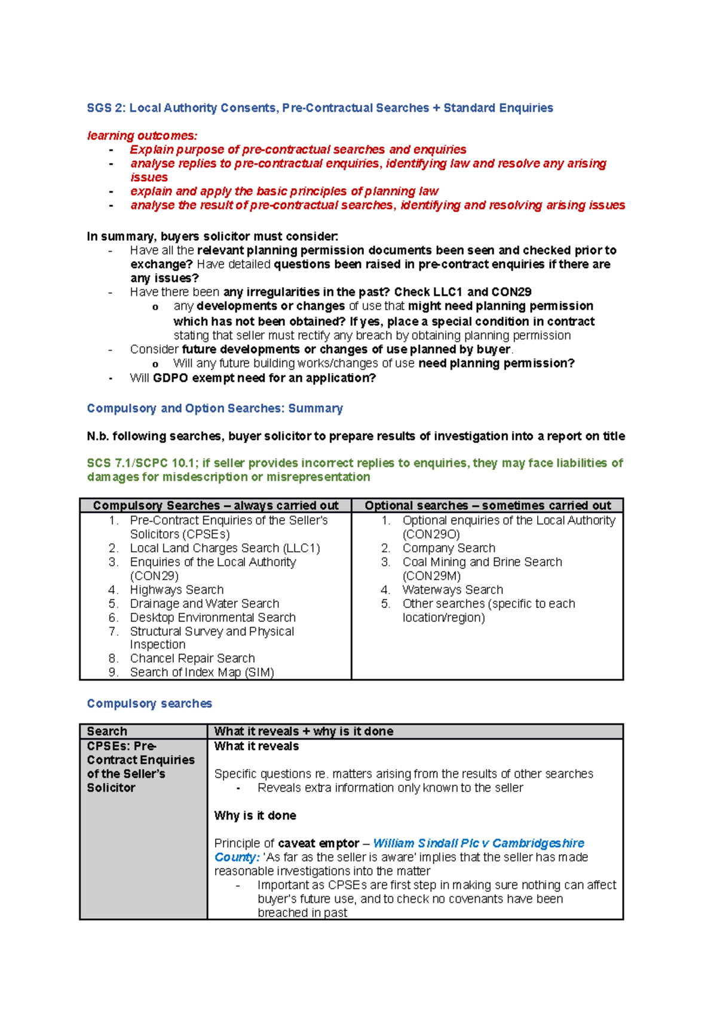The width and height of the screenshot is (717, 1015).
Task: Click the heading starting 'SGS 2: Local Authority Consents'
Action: (320, 108)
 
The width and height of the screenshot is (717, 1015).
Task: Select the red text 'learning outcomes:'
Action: (142, 136)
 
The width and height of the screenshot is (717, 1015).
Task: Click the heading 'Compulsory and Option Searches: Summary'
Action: (215, 408)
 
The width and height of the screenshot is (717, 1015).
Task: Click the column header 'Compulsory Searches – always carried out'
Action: (215, 506)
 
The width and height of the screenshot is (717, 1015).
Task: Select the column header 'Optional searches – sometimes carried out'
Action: (488, 506)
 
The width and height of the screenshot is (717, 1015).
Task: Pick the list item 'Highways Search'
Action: (177, 590)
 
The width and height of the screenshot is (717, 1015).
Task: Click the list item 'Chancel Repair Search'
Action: (192, 658)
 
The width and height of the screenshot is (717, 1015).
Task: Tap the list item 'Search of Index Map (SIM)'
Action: (202, 672)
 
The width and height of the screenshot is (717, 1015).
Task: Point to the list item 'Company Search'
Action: (449, 548)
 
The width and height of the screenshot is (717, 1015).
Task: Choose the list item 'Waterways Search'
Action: (452, 590)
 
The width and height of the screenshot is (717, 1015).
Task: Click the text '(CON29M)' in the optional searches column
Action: (431, 576)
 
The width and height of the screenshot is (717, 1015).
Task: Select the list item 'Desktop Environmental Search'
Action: (213, 617)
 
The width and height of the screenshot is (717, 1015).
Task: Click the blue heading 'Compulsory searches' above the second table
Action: (149, 704)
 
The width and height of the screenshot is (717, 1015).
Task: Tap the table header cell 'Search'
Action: (107, 731)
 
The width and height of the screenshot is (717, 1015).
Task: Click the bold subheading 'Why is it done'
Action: (255, 816)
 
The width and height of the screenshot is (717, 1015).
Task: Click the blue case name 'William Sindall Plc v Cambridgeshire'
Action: (479, 843)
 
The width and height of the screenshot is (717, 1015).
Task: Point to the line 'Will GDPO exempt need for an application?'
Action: (253, 378)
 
